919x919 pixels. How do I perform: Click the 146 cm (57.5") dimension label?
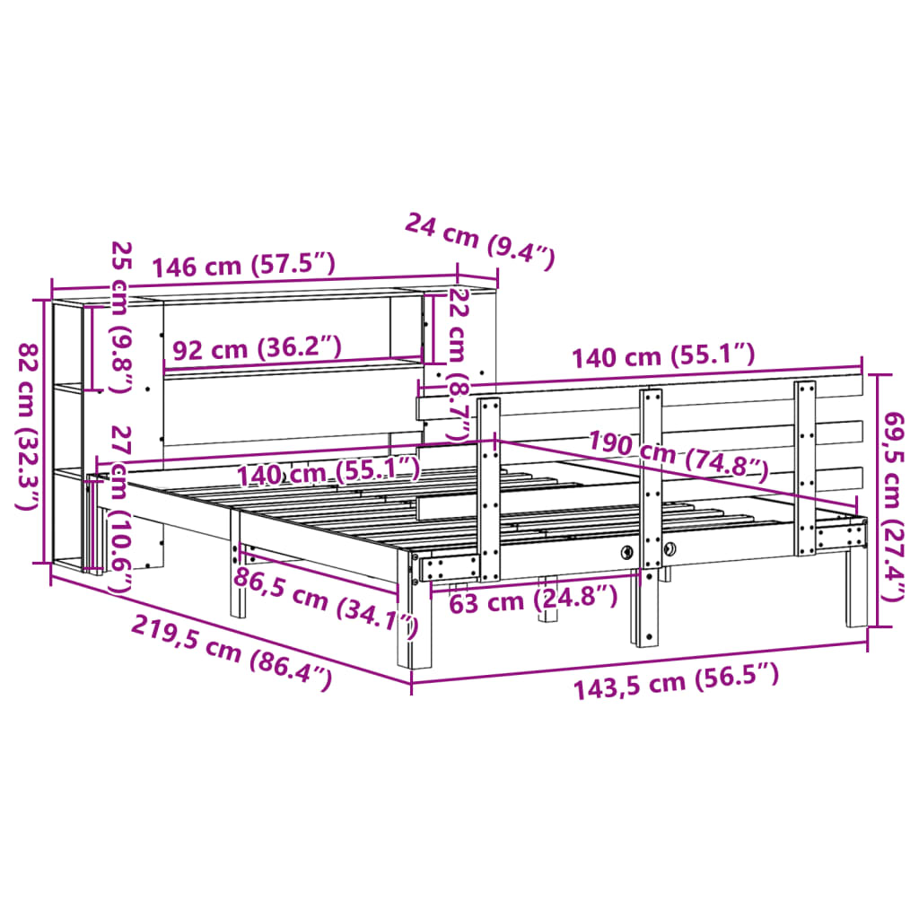point(243,266)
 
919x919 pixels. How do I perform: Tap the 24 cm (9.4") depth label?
point(480,241)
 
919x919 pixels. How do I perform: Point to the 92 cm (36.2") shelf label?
point(257,348)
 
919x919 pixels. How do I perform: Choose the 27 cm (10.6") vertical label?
point(119,510)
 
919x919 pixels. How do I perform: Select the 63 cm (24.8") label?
point(533,599)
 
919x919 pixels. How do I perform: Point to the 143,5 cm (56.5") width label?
point(676,684)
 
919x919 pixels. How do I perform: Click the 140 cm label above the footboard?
point(664,356)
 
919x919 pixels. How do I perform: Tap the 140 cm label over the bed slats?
point(328,470)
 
